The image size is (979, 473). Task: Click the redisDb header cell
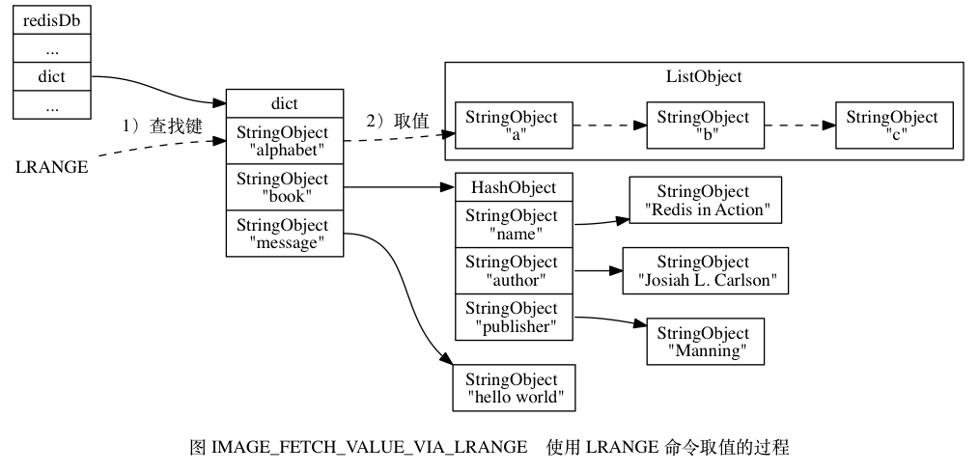52,20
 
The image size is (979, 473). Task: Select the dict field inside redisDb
52,77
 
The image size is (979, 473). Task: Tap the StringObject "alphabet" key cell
285,141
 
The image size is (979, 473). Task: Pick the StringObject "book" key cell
285,187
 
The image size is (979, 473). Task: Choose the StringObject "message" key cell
285,234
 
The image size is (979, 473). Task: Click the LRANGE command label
52,167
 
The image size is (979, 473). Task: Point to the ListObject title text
704,77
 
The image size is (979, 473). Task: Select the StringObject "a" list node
514,125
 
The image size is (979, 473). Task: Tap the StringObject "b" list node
705,125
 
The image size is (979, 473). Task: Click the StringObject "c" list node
895,125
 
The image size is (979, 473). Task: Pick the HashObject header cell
514,187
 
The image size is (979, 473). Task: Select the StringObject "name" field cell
514,225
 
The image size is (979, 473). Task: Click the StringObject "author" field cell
514,271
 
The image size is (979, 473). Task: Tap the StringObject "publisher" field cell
514,317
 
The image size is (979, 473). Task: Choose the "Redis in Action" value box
706,201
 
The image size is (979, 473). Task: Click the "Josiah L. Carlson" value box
706,271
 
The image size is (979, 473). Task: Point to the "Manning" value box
706,342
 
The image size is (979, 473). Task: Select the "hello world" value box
514,388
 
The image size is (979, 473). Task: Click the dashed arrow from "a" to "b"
609,125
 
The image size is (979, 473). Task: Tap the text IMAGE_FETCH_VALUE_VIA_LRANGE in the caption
370,448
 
